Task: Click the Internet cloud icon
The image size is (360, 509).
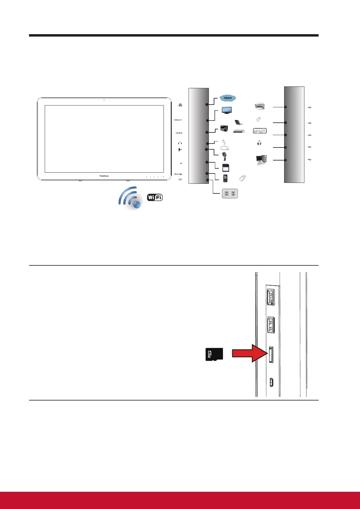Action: tap(228, 98)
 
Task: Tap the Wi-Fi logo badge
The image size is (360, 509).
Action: tap(155, 198)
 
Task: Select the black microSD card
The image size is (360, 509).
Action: tap(214, 354)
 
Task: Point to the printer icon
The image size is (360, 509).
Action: tap(260, 106)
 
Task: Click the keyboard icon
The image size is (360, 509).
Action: tap(260, 131)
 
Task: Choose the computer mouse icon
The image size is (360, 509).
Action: tap(259, 143)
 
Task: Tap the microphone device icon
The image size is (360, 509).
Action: tap(224, 156)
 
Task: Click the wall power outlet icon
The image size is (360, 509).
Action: tap(230, 193)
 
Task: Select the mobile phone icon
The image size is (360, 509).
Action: tap(225, 179)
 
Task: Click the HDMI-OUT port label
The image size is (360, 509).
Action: tap(178, 120)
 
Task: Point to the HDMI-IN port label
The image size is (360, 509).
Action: tap(179, 133)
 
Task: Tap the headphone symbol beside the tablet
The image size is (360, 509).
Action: tap(180, 143)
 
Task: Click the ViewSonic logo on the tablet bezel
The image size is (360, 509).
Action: tap(104, 175)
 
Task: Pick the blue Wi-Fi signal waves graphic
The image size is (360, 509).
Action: tap(130, 198)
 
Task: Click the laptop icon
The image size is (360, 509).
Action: tap(239, 122)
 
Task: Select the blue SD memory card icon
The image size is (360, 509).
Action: tap(225, 167)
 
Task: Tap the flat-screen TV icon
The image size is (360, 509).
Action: tap(227, 110)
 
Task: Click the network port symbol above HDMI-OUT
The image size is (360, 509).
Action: tap(180, 105)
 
